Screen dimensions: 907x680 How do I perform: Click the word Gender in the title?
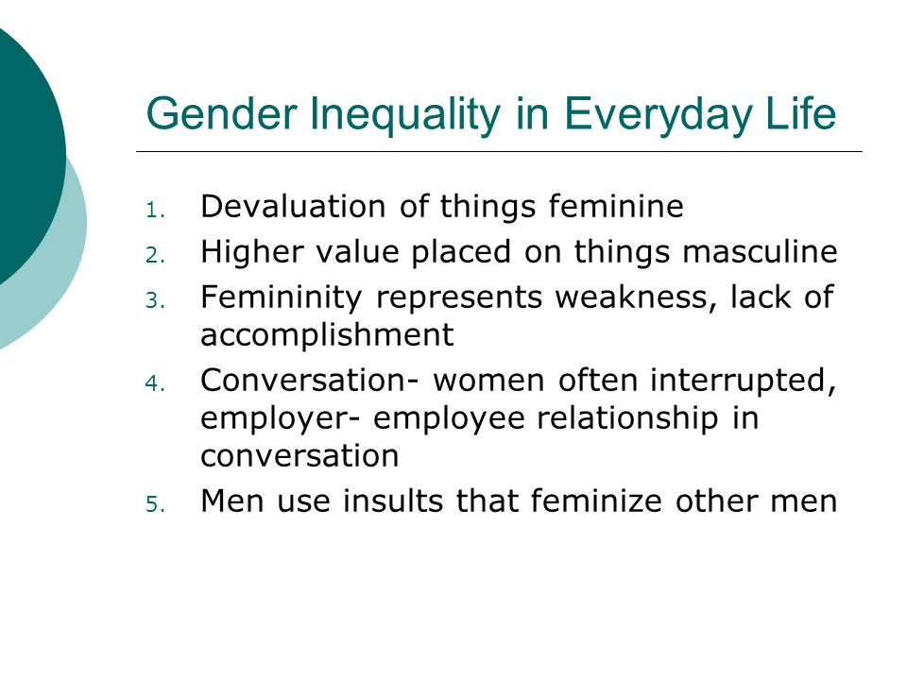tap(221, 113)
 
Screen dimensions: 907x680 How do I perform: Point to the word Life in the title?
tap(801, 113)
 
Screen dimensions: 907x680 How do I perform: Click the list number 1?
tap(155, 211)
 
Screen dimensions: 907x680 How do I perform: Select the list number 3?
tap(155, 301)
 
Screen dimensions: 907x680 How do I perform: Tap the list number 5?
tap(155, 504)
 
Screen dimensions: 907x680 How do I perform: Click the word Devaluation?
tap(293, 206)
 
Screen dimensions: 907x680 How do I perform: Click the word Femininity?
tap(282, 298)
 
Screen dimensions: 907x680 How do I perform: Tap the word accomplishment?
tap(327, 335)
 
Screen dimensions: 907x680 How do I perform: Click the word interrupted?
tap(744, 382)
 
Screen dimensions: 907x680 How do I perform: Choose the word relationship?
tap(627, 418)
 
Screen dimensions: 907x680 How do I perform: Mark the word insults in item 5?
tap(393, 501)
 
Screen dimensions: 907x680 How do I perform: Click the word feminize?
tap(596, 501)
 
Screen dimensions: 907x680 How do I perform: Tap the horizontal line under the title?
tap(499, 151)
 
